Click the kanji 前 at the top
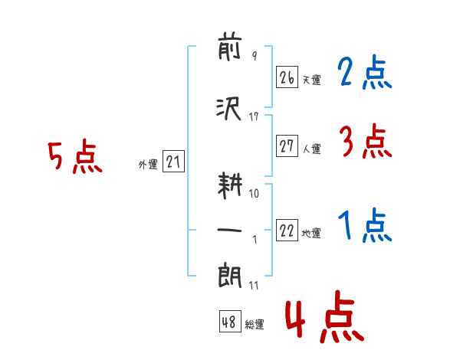pos(230,49)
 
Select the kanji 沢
pos(228,109)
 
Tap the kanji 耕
pos(230,185)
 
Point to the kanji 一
pos(229,230)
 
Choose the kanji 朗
pos(230,277)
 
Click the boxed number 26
pos(287,77)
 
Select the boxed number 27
pos(287,146)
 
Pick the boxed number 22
pos(287,230)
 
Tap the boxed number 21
pos(173,162)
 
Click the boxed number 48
pos(230,321)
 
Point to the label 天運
pos(312,80)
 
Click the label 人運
pos(312,149)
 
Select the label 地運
pos(311,234)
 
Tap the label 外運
pos(148,165)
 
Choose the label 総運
pos(255,324)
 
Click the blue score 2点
pos(364,72)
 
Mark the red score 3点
pos(366,141)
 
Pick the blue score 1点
pos(365,225)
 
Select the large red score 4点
pos(324,316)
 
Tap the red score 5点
pos(75,156)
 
